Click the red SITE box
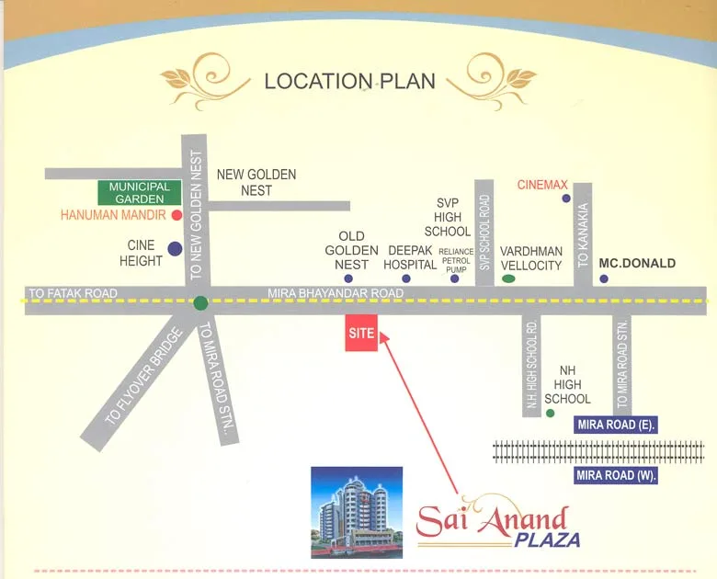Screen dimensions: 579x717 click(362, 333)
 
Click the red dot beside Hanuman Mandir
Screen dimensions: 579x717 click(175, 215)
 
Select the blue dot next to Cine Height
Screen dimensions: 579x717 click(175, 248)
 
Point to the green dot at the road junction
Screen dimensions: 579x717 click(201, 301)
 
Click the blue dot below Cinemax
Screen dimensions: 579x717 click(566, 198)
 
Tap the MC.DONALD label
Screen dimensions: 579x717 click(637, 263)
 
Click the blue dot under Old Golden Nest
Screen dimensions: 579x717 click(348, 278)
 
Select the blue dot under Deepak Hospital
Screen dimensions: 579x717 click(406, 278)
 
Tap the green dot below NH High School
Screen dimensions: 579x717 click(550, 414)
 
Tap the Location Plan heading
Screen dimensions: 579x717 click(349, 81)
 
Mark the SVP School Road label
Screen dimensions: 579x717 click(484, 233)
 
